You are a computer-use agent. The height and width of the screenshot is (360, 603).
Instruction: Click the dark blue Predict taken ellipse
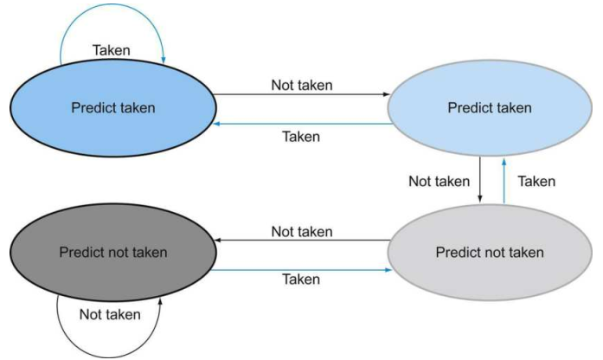pos(113,108)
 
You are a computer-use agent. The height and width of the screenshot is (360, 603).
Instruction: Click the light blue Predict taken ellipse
pos(490,107)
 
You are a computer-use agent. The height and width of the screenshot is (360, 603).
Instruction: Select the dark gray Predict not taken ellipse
pos(113,253)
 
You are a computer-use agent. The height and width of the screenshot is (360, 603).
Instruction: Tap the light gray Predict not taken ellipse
pos(490,253)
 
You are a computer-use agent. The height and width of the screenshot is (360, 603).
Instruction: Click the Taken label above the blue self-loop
pos(111,50)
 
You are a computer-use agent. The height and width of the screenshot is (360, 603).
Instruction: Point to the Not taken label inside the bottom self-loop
pos(110,315)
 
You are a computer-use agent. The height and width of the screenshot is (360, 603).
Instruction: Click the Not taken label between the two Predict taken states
pos(302,85)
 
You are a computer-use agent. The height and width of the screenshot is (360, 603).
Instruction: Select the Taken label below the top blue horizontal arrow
pos(301,137)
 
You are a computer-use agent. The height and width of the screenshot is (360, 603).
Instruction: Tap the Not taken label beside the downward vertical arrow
pos(439,181)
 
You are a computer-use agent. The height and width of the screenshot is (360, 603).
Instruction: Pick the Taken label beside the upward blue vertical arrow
pos(536,181)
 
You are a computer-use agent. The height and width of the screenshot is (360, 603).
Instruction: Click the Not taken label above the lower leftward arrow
pos(302,232)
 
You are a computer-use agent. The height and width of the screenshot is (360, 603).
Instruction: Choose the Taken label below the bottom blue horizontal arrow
pos(301,280)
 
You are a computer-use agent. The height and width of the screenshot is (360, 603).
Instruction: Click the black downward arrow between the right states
pos(479,179)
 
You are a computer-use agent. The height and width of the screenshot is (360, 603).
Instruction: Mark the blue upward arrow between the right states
pos(504,181)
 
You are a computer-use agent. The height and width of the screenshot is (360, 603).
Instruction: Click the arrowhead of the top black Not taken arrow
pos(386,94)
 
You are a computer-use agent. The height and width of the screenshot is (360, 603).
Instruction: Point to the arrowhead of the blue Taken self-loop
pos(164,60)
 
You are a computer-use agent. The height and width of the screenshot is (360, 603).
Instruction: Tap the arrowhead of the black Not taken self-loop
pos(160,301)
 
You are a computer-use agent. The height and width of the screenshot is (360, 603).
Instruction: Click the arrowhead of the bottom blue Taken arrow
pos(388,270)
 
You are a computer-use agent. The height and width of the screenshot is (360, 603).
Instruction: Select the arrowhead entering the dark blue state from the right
pos(216,124)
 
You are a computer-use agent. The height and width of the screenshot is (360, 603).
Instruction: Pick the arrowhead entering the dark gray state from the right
pos(217,240)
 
